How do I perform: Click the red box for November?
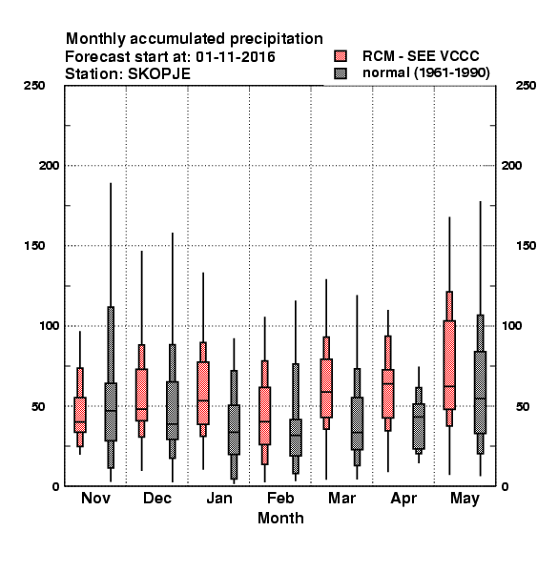80,415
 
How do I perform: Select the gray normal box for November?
111,412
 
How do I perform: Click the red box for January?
203,393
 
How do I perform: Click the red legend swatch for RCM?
341,56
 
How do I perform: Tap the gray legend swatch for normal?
341,73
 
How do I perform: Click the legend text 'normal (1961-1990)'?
425,73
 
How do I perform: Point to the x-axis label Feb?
280,498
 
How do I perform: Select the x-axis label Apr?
403,499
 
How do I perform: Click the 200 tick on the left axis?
49,166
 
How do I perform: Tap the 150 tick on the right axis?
526,246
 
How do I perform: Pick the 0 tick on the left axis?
55,486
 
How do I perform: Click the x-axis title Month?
280,518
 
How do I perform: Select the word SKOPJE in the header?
158,74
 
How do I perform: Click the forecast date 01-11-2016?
236,57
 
